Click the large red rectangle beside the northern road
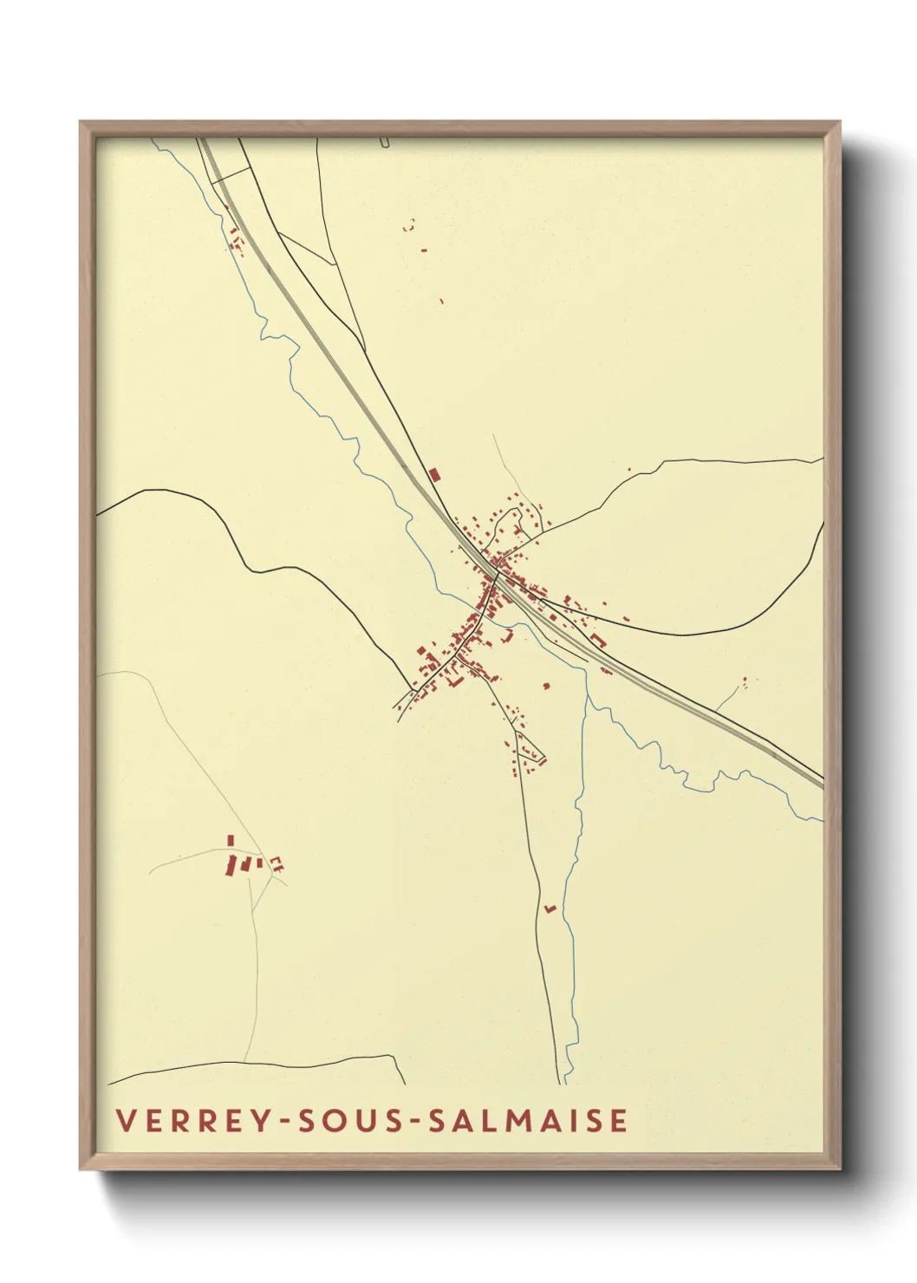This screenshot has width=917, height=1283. tap(434, 474)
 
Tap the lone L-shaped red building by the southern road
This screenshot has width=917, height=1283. tap(550, 908)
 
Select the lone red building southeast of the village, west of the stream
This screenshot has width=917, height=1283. tap(546, 686)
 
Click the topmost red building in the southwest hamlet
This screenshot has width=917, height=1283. tap(230, 839)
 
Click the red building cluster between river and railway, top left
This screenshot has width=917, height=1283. tap(236, 240)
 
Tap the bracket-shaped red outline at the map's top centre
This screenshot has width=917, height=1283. tap(409, 226)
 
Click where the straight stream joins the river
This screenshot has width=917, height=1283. tap(587, 694)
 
